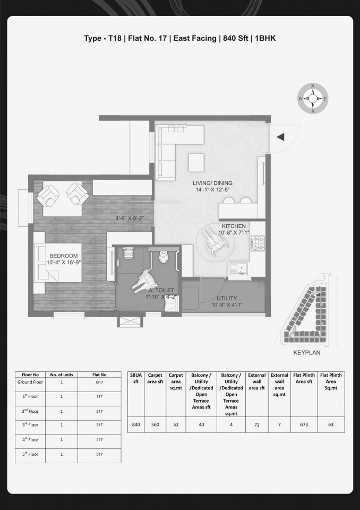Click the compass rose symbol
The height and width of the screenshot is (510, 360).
[x=313, y=98]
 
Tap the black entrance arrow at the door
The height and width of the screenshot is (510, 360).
[x=280, y=137]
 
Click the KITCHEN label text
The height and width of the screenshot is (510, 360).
[x=234, y=226]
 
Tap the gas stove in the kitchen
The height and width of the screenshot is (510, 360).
[x=258, y=243]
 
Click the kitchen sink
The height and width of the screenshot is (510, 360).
[x=239, y=269]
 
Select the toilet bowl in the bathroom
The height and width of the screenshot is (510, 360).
[x=163, y=257]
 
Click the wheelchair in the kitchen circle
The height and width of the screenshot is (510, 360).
[x=215, y=241]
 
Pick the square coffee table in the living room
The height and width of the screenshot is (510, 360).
[x=196, y=163]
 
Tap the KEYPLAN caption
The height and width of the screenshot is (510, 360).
[x=307, y=353]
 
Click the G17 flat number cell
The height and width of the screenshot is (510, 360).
[x=99, y=382]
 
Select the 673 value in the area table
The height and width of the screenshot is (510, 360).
[x=304, y=424]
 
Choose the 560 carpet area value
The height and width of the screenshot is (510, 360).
[x=155, y=424]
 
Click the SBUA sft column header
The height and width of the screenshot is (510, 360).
[x=136, y=378]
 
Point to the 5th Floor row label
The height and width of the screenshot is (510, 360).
[x=30, y=454]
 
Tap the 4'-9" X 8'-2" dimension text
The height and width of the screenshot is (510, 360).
[x=130, y=218]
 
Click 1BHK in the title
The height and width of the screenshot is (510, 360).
[x=265, y=38]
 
